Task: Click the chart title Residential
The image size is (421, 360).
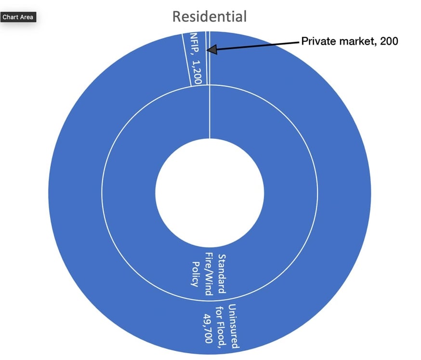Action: [x=210, y=16]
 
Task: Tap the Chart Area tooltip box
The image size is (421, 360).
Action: [x=18, y=17]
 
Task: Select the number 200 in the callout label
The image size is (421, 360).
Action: [x=389, y=41]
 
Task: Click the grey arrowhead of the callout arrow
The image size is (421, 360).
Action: [x=211, y=50]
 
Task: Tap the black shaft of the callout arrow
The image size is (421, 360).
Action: [x=258, y=46]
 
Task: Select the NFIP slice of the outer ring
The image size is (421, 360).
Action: [x=194, y=59]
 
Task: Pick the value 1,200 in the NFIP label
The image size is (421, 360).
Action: [x=197, y=72]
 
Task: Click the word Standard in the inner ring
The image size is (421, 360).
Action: [x=222, y=274]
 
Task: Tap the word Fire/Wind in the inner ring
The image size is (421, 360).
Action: [x=209, y=274]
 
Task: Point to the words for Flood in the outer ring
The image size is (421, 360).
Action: [x=221, y=326]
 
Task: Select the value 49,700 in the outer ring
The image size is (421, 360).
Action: [x=208, y=328]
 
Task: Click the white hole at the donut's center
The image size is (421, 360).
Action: [x=210, y=193]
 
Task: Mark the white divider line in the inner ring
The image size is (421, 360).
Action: [x=210, y=112]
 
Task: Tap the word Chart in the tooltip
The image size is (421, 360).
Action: [x=10, y=17]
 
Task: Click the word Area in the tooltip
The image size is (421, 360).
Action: [x=26, y=17]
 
